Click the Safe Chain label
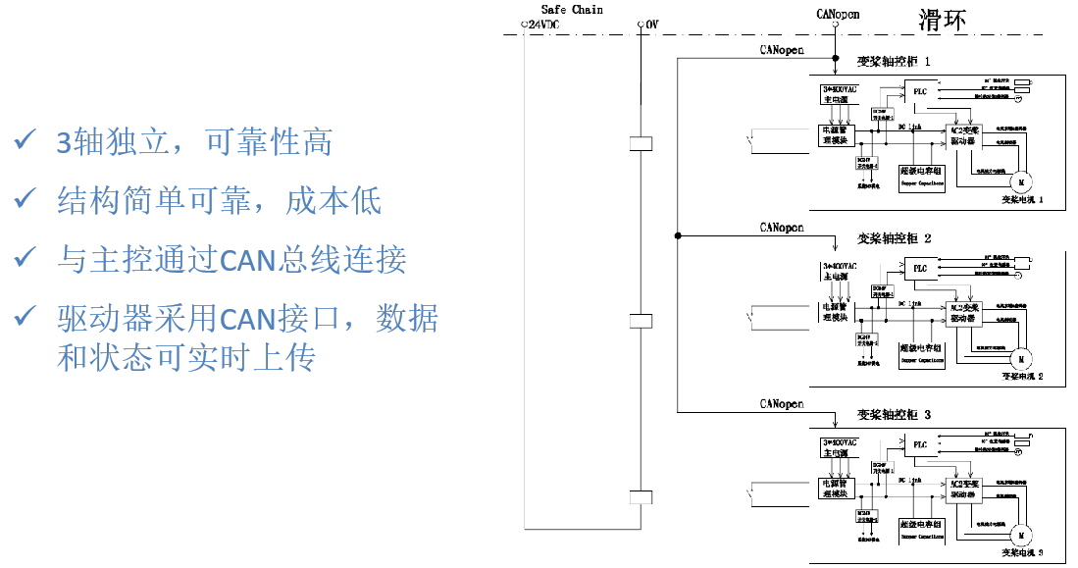(572, 10)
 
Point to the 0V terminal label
(651, 23)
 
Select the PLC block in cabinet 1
(919, 91)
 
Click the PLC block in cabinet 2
(919, 268)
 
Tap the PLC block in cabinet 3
(919, 444)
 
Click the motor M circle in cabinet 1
(1019, 181)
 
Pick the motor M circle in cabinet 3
(1019, 535)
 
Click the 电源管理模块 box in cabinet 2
(838, 312)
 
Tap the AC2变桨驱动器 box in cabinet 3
(963, 489)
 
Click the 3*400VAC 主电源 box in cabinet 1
(839, 94)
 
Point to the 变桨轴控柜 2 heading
(894, 238)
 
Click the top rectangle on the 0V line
(641, 143)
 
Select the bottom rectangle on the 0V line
(641, 496)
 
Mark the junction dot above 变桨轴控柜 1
(836, 59)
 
